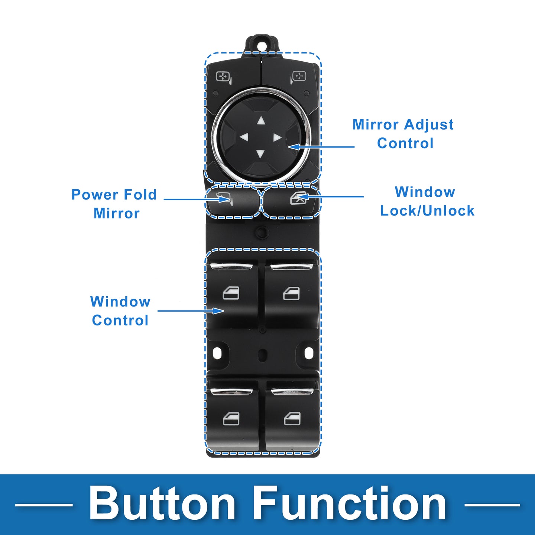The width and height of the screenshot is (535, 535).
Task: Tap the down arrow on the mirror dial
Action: (260, 154)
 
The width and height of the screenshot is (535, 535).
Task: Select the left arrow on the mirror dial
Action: (244, 137)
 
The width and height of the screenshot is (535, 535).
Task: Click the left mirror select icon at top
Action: (224, 78)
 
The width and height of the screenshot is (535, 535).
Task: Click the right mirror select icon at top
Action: (298, 77)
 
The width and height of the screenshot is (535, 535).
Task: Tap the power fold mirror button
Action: (233, 202)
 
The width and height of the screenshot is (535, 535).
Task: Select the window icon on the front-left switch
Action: (231, 293)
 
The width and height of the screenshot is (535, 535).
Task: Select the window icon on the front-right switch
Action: (291, 294)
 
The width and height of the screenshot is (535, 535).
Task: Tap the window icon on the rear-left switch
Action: (231, 418)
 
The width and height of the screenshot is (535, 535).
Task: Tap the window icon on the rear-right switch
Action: (292, 418)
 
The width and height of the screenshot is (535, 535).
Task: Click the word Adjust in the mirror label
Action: (429, 125)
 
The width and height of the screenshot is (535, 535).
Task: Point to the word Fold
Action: (140, 194)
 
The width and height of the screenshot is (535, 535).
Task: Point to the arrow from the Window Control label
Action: (191, 311)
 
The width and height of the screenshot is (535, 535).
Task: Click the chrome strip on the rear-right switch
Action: (292, 391)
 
